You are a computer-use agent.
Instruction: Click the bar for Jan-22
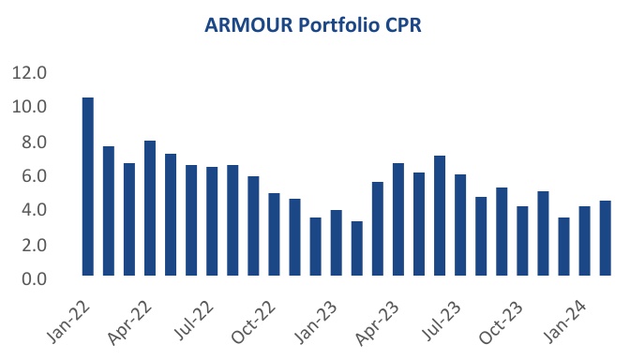(88, 187)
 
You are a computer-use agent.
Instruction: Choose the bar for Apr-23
(398, 219)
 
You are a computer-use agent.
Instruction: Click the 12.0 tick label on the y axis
(29, 73)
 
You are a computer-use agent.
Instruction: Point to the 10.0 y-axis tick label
(29, 108)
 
